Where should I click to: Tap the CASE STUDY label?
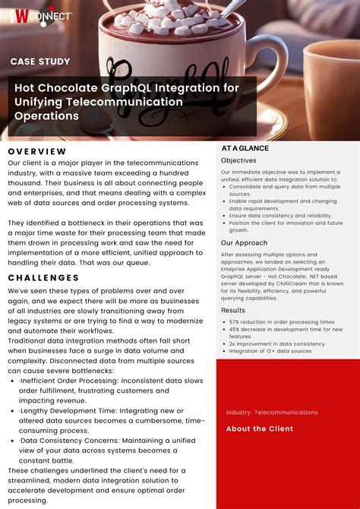click(x=40, y=62)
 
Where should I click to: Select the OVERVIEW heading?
click(x=37, y=151)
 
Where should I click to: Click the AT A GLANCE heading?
click(x=245, y=148)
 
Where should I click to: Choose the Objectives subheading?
click(x=238, y=161)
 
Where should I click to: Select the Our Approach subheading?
click(x=244, y=243)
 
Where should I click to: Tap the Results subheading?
click(x=233, y=310)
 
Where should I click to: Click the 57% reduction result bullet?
click(x=281, y=322)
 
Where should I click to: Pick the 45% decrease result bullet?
click(x=286, y=330)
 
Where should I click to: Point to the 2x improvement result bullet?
click(x=276, y=344)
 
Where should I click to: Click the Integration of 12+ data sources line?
click(x=270, y=351)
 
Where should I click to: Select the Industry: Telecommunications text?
click(x=272, y=413)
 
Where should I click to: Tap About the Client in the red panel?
click(x=259, y=429)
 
